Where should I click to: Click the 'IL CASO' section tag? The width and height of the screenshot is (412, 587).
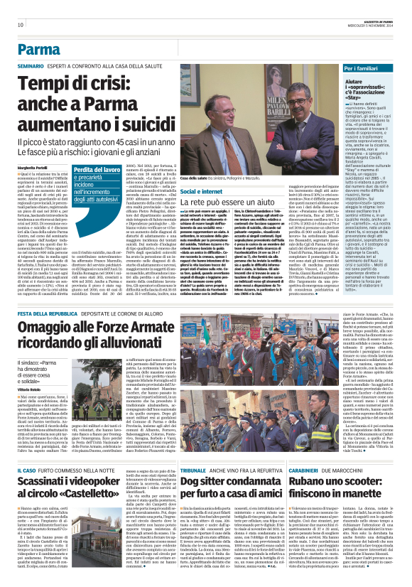[x=26, y=470]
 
